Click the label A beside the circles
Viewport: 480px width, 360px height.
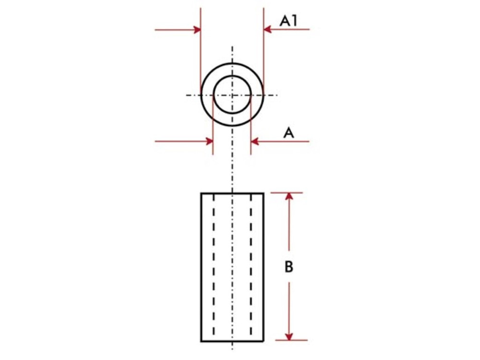point(288,133)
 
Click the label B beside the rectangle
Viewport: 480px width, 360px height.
point(288,266)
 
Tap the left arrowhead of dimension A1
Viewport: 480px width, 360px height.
point(196,30)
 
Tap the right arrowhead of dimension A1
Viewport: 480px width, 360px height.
point(268,29)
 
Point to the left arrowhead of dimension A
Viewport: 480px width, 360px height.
point(209,141)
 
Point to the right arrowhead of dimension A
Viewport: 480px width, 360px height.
point(255,142)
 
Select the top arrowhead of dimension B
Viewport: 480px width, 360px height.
point(289,196)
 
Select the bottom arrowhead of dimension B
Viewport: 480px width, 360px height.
point(289,336)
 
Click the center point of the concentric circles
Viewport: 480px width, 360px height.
point(232,95)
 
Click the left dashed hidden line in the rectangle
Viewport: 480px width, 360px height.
point(214,266)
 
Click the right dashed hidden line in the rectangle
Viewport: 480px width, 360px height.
point(251,266)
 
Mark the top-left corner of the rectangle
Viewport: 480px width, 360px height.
point(201,193)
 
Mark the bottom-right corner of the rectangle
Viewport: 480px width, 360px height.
point(264,341)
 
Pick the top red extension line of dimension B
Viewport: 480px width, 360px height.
point(287,193)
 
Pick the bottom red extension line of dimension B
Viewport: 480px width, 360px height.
point(291,340)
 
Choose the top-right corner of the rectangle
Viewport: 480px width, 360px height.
point(264,193)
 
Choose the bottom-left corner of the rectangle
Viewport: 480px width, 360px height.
point(201,341)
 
